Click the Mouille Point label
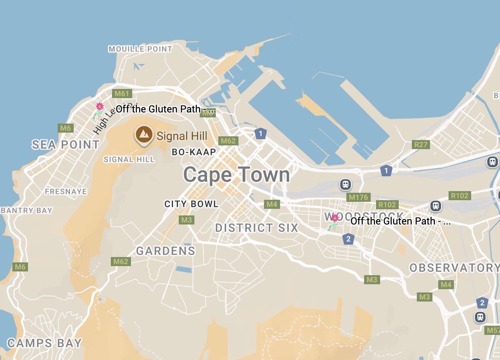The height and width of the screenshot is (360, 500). coord(140,49)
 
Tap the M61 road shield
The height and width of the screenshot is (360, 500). coord(122,94)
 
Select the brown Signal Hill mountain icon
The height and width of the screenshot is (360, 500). coord(144,134)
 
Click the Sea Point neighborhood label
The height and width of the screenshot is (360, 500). coord(66,145)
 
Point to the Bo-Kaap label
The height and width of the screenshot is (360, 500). coord(194,152)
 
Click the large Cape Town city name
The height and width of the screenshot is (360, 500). coord(236,175)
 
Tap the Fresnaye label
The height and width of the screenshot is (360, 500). coord(66,192)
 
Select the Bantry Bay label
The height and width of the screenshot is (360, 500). coord(27,210)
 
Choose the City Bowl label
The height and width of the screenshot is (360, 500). coord(191,204)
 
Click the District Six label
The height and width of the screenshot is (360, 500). coord(257,228)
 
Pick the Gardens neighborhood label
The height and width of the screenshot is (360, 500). coord(166,251)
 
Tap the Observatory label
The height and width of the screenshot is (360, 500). coord(454,268)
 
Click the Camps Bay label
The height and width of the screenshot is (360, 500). coord(44,343)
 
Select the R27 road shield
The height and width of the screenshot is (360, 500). coord(421,145)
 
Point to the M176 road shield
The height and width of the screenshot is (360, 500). coord(358,197)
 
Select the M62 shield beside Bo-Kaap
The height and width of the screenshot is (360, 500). coord(228,141)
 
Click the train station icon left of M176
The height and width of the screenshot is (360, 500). coord(346,184)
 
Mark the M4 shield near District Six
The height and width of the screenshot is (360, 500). coord(271,204)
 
